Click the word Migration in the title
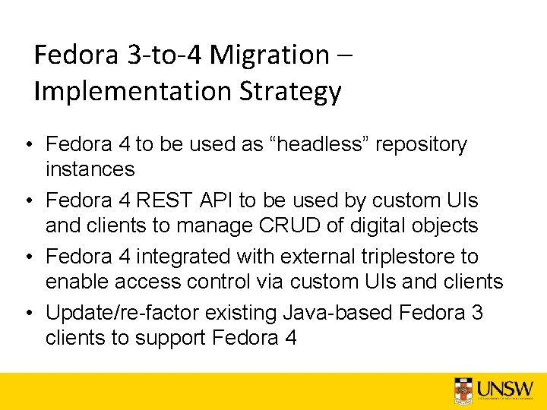[269, 55]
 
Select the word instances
[90, 169]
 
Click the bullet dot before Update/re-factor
[27, 313]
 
